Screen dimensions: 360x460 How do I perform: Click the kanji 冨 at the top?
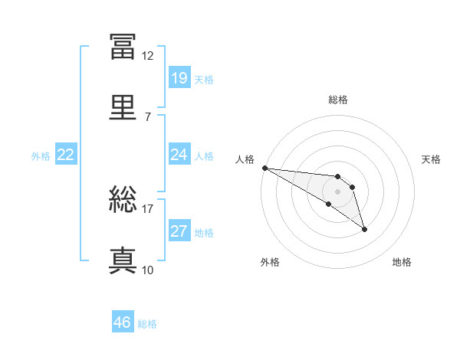(123, 47)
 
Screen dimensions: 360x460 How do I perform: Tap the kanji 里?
(123, 107)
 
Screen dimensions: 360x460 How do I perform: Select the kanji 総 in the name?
(123, 200)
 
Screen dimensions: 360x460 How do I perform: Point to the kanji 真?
(123, 260)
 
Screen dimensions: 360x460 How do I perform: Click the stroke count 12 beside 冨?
(148, 56)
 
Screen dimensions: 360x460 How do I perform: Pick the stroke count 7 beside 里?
(148, 116)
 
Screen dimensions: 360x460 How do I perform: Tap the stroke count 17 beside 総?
(148, 208)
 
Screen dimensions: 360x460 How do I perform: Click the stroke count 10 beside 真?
(148, 270)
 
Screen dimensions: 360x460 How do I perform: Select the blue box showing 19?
(179, 77)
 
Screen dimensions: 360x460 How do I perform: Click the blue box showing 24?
(179, 155)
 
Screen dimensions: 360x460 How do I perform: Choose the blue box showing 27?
(179, 231)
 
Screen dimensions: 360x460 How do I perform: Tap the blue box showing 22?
(66, 155)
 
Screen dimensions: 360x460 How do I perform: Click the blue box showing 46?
(123, 322)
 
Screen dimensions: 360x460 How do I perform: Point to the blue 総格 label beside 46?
(148, 324)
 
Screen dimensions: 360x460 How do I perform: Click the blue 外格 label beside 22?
(41, 156)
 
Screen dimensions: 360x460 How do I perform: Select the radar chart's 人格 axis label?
(245, 159)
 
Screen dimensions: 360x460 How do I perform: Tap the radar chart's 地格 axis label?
(402, 262)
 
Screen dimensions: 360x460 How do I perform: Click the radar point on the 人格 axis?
(264, 168)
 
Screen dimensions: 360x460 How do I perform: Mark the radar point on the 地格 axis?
(364, 229)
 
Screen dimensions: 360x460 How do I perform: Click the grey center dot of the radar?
(337, 191)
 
